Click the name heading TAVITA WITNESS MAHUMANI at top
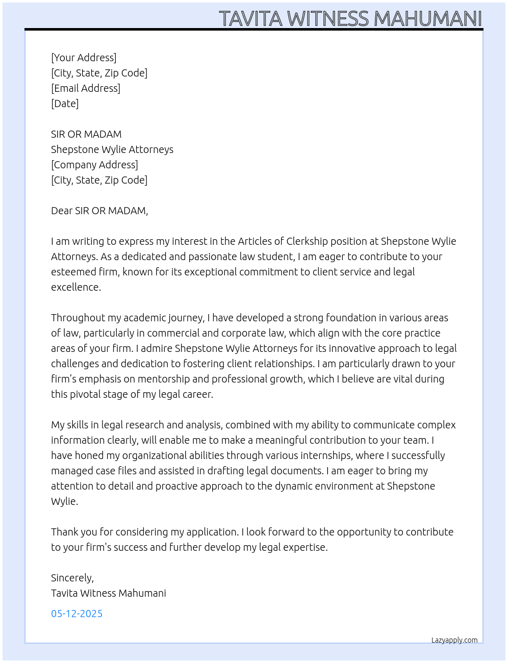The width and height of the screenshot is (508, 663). pos(350,18)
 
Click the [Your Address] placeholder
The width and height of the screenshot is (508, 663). pos(84,58)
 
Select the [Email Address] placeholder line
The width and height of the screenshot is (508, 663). pos(86,88)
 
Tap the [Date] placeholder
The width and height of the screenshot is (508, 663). pos(65,104)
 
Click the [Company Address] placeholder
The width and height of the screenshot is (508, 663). pos(94,165)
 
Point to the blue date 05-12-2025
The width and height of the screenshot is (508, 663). pos(77,614)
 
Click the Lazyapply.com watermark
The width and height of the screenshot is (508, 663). pos(454,640)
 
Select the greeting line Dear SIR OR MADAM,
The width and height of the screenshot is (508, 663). pos(99,211)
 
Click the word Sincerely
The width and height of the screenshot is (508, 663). pos(71,578)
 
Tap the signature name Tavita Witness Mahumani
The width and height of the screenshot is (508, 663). pos(109,593)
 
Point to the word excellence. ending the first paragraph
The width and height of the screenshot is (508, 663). pos(76,287)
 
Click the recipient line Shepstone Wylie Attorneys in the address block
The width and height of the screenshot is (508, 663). pos(112,149)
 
